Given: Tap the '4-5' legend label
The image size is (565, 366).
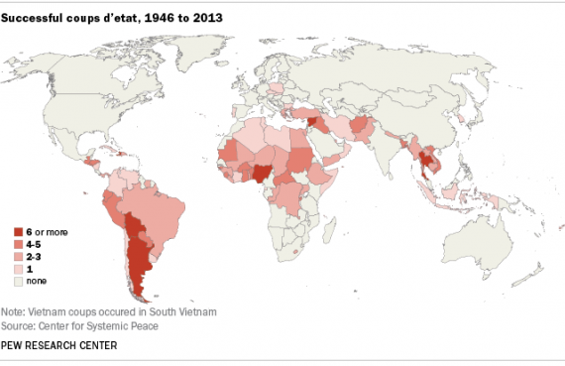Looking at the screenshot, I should click(36, 243).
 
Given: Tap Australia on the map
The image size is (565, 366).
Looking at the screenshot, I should click(475, 238).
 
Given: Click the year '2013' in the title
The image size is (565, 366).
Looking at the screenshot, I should click(166, 16).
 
